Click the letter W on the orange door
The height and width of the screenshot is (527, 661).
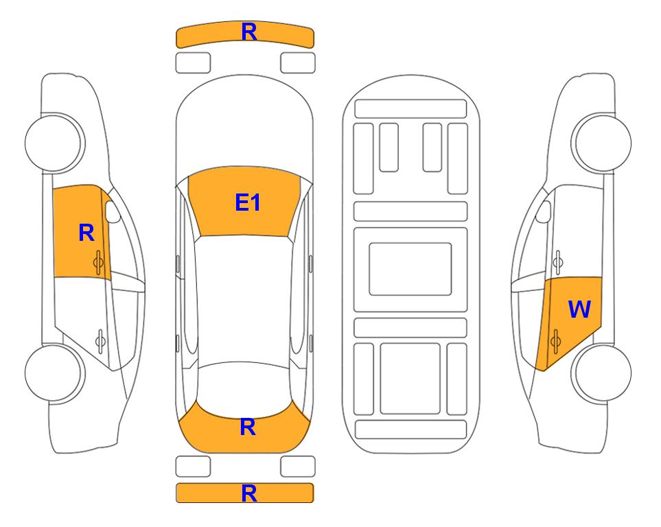pyautogui.click(x=579, y=309)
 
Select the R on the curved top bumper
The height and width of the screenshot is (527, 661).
pyautogui.click(x=249, y=32)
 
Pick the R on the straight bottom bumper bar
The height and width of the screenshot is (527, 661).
pyautogui.click(x=249, y=493)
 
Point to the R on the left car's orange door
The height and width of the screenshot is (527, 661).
pyautogui.click(x=86, y=233)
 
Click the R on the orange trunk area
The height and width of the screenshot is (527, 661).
pyautogui.click(x=248, y=427)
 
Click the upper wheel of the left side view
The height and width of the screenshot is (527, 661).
pyautogui.click(x=54, y=143)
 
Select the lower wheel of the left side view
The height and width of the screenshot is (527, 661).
pyautogui.click(x=54, y=373)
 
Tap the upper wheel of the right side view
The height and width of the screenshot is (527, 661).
pyautogui.click(x=602, y=143)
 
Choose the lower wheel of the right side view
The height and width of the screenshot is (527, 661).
pyautogui.click(x=602, y=373)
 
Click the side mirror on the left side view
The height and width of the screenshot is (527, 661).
pyautogui.click(x=113, y=211)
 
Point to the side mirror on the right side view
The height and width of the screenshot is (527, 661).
pyautogui.click(x=544, y=211)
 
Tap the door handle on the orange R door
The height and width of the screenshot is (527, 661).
pyautogui.click(x=99, y=262)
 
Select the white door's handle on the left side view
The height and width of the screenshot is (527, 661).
pyautogui.click(x=100, y=340)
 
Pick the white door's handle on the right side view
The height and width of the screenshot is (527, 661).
pyautogui.click(x=557, y=262)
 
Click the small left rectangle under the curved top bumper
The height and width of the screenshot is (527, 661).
pyautogui.click(x=193, y=63)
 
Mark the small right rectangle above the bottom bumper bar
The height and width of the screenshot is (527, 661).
pyautogui.click(x=298, y=467)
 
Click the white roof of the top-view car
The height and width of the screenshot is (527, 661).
pyautogui.click(x=244, y=299)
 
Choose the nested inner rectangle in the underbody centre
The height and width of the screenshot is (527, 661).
pyautogui.click(x=410, y=269)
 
